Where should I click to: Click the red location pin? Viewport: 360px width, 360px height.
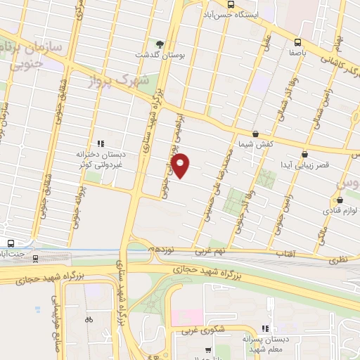(x=181, y=165)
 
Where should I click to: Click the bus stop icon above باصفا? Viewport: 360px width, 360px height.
(x=298, y=41)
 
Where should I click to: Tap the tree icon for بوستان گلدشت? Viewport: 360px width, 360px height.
(x=160, y=43)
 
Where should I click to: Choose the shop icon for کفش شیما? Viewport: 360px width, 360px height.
(x=255, y=133)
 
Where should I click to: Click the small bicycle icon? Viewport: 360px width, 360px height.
(x=88, y=319)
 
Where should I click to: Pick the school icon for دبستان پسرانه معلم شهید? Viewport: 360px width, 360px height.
(x=265, y=328)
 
